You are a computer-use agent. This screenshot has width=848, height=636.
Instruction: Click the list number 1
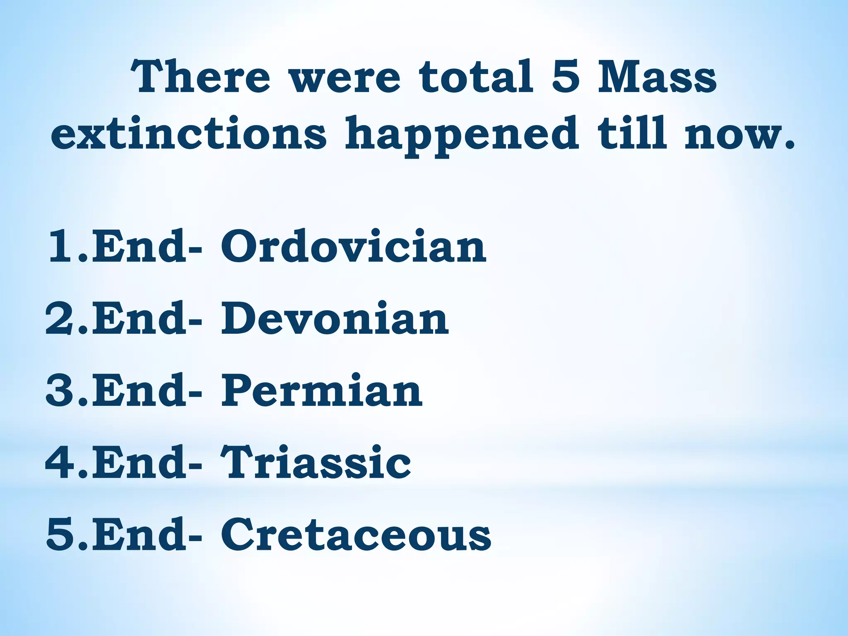coord(62,247)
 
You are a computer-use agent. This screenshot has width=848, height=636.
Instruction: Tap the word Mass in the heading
coord(657,77)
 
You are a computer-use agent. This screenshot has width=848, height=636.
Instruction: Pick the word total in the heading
coord(476,77)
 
